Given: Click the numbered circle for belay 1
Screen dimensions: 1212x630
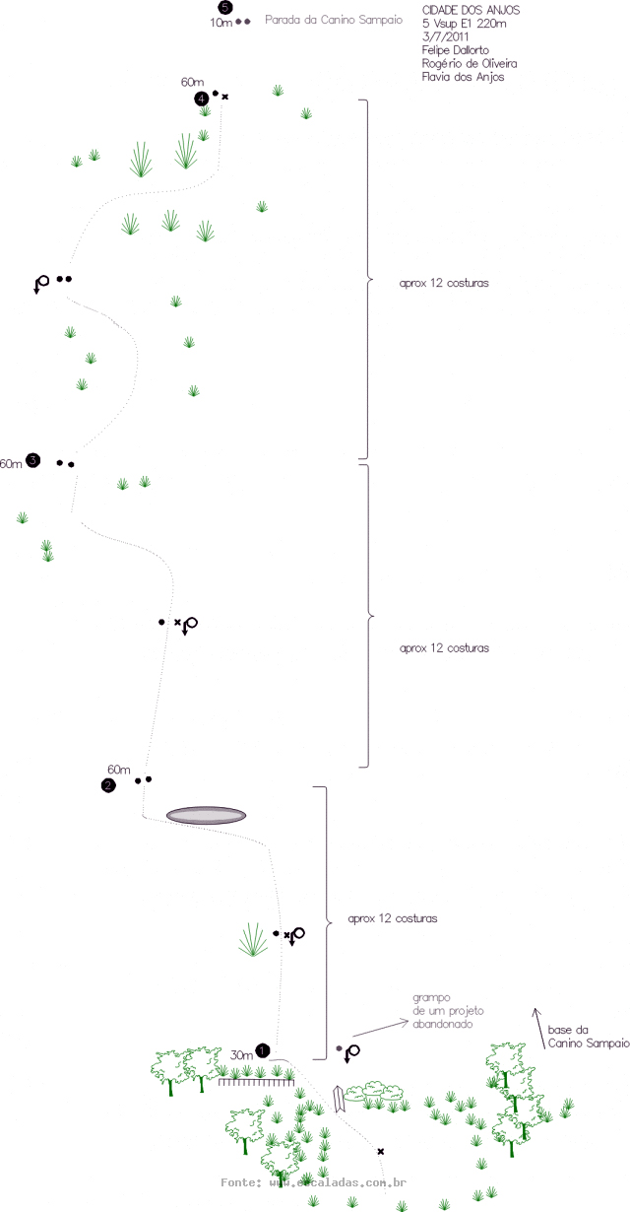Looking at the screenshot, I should tap(263, 1050).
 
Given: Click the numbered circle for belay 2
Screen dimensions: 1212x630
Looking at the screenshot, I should tap(108, 784).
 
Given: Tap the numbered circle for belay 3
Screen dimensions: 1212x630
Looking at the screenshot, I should tap(33, 460).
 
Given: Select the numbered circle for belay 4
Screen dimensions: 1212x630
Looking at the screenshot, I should tap(201, 98).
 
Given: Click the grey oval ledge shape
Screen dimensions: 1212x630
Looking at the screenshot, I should tap(206, 815).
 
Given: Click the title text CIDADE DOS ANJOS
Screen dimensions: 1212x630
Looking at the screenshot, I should tap(464, 9).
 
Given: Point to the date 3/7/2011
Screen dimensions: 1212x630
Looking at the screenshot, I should tap(443, 36).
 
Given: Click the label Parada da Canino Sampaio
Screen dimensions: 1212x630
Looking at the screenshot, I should tap(334, 19).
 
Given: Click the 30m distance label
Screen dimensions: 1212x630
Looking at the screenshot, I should tap(241, 1054).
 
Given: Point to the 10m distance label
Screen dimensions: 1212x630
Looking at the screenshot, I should tap(220, 22).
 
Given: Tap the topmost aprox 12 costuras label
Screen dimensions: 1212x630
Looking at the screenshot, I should tap(445, 282).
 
